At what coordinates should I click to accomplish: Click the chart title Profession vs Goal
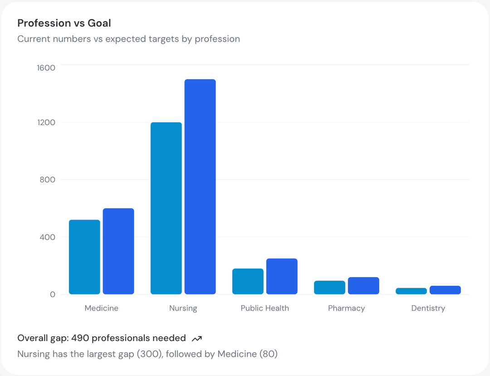[64, 23]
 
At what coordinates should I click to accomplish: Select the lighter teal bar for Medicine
[84, 257]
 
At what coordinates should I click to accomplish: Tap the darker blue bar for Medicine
[118, 251]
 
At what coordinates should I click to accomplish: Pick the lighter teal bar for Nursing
[166, 208]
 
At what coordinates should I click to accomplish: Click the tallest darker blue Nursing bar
[200, 186]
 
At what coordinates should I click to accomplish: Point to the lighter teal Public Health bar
[248, 281]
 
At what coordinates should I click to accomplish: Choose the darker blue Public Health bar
[282, 276]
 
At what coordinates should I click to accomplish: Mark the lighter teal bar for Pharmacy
[329, 288]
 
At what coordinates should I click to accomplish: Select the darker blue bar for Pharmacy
[363, 286]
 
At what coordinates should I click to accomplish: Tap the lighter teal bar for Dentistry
[411, 291]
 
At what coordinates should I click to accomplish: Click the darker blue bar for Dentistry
[445, 290]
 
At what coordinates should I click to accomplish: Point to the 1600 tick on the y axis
[46, 68]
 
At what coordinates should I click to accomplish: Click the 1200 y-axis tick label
[46, 122]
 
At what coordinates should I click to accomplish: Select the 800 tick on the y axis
[47, 180]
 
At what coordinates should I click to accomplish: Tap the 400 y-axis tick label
[47, 237]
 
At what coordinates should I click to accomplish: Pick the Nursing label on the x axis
[183, 308]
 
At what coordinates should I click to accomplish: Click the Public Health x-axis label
[265, 308]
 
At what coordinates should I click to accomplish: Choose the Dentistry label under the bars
[428, 308]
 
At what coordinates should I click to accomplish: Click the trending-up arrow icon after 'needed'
[197, 338]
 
